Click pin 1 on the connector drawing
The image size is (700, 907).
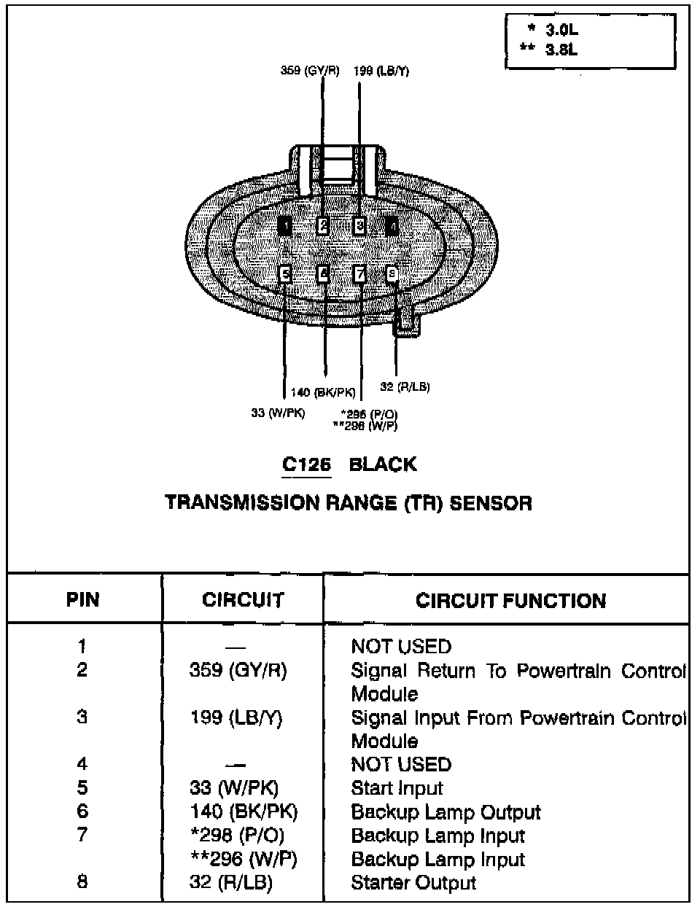pyautogui.click(x=286, y=226)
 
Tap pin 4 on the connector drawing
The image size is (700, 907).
pyautogui.click(x=392, y=226)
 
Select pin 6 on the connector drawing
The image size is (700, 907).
pyautogui.click(x=323, y=273)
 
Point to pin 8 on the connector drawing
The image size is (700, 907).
pyautogui.click(x=392, y=273)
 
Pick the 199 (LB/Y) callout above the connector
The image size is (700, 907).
pyautogui.click(x=381, y=71)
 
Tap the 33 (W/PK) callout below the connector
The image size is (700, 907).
pyautogui.click(x=278, y=413)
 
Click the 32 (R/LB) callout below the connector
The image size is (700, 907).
pyautogui.click(x=405, y=387)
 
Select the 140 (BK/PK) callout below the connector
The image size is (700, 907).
pyautogui.click(x=323, y=393)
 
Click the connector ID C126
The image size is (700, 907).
pyautogui.click(x=307, y=464)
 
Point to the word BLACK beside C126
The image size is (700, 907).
pyautogui.click(x=383, y=464)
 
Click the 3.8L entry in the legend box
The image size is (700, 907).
pyautogui.click(x=562, y=50)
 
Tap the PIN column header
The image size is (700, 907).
pyautogui.click(x=83, y=600)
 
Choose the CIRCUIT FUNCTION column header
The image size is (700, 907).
pyautogui.click(x=510, y=601)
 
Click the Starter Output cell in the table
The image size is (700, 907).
pyautogui.click(x=413, y=883)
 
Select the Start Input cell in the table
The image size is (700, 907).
pyautogui.click(x=397, y=788)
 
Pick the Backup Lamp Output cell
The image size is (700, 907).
pyautogui.click(x=446, y=812)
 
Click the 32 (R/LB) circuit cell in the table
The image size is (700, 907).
pyautogui.click(x=230, y=883)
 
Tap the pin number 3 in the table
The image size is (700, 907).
pyautogui.click(x=82, y=717)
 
